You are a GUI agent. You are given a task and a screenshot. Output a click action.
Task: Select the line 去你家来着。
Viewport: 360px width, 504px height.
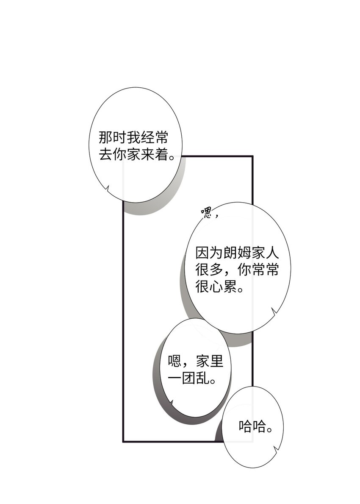pyautogui.click(x=136, y=155)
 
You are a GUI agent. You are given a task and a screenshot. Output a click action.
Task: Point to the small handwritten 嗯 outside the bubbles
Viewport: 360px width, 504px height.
pyautogui.click(x=206, y=213)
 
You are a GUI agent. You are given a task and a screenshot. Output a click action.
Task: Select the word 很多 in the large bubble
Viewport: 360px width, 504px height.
pyautogui.click(x=209, y=270)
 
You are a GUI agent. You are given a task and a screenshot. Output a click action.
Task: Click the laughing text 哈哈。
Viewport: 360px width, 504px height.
pyautogui.click(x=255, y=426)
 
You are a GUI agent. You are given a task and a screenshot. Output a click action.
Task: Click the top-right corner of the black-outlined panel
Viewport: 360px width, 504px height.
pyautogui.click(x=252, y=156)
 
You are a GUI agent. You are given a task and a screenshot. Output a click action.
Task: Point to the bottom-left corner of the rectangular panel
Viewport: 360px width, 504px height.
pyautogui.click(x=123, y=441)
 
